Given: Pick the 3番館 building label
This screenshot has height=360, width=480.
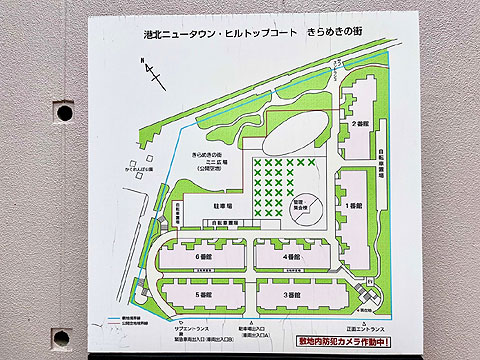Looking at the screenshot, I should coord(291,296).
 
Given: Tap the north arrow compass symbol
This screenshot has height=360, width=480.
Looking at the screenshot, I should coord(151,71).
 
